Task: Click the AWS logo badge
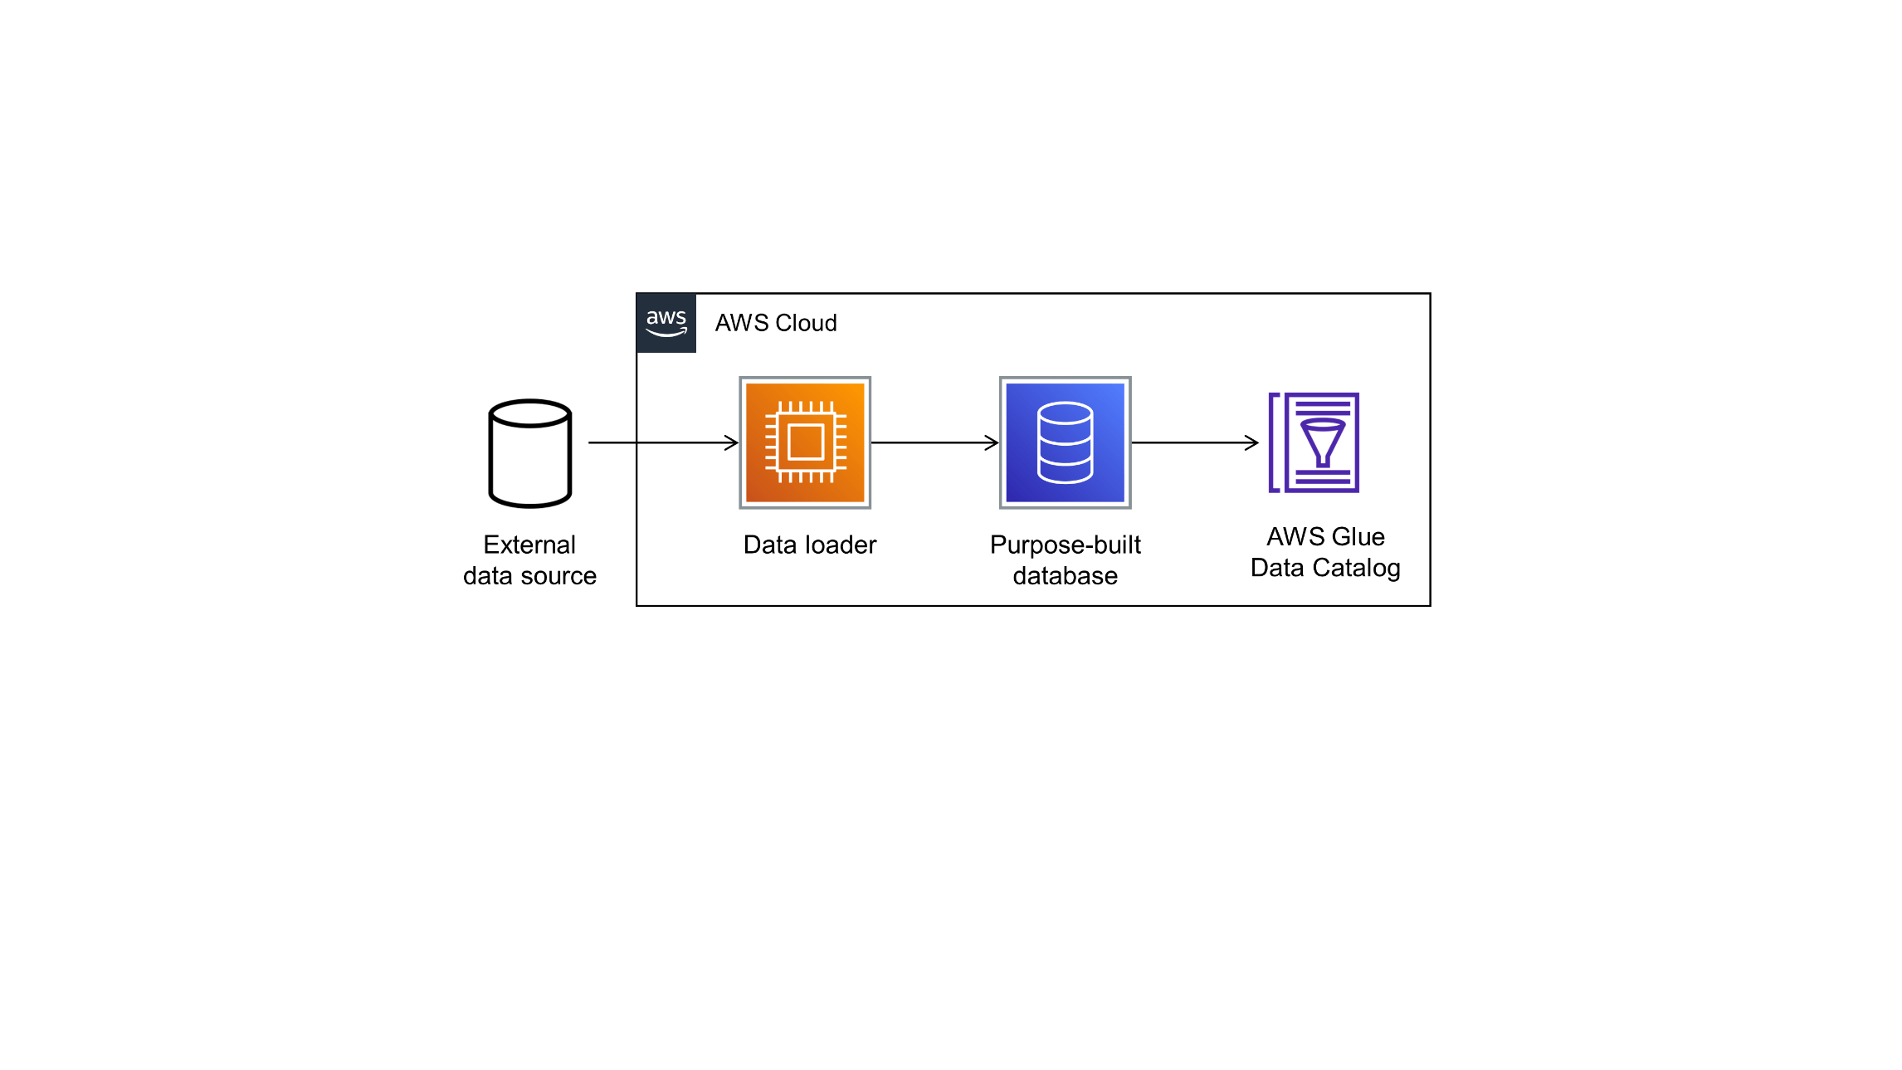666,323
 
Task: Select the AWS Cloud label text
775,323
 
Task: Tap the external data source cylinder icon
530,453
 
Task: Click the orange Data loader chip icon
805,442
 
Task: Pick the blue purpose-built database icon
1065,442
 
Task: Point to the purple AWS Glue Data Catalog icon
1314,442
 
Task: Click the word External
529,545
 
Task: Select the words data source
529,575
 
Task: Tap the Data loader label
809,545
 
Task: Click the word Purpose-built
1065,545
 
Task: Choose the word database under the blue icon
1065,575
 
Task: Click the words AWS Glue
1325,536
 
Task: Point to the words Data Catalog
1325,568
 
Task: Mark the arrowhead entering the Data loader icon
732,442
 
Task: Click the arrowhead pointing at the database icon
992,442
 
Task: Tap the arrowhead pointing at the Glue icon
1252,442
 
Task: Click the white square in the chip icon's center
805,442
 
